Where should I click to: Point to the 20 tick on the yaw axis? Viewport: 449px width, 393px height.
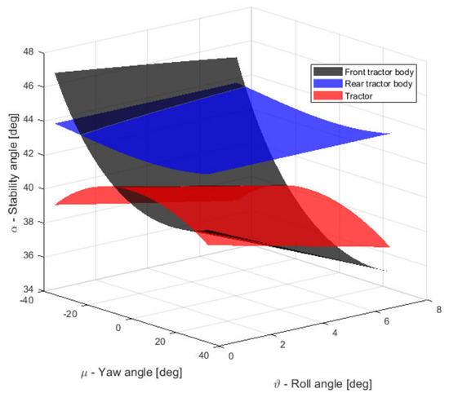[x=161, y=341]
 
